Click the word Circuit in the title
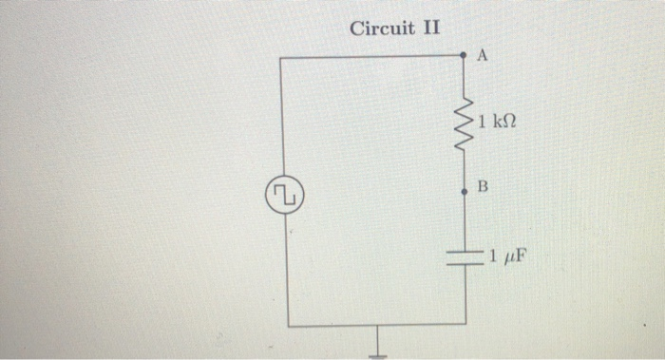pos(381,27)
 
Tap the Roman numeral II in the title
pos(430,27)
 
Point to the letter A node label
pos(482,58)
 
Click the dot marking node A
pos(464,57)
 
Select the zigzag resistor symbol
pos(465,123)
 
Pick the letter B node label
pos(482,188)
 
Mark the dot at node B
pos(464,191)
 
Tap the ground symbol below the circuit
pos(379,348)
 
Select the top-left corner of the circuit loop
pos(284,57)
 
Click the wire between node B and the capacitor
pos(465,220)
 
